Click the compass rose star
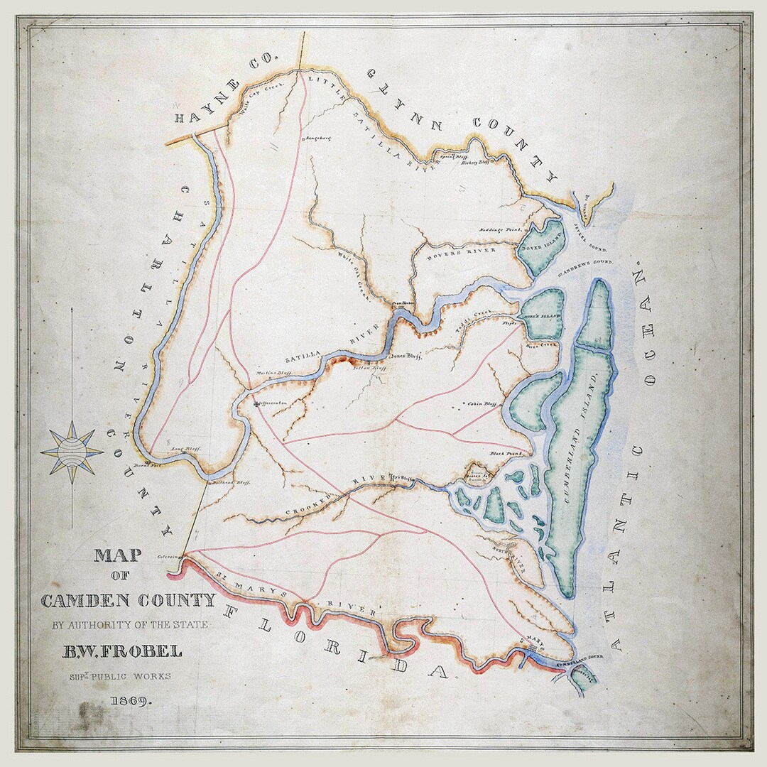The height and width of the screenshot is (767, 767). [x=72, y=452]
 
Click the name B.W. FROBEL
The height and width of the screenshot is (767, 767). [x=124, y=651]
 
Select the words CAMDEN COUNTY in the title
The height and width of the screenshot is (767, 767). [x=128, y=601]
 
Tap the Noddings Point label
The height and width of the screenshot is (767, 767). [x=500, y=230]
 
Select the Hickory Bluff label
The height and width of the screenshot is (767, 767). [x=476, y=163]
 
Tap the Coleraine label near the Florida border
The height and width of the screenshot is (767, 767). [x=169, y=556]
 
